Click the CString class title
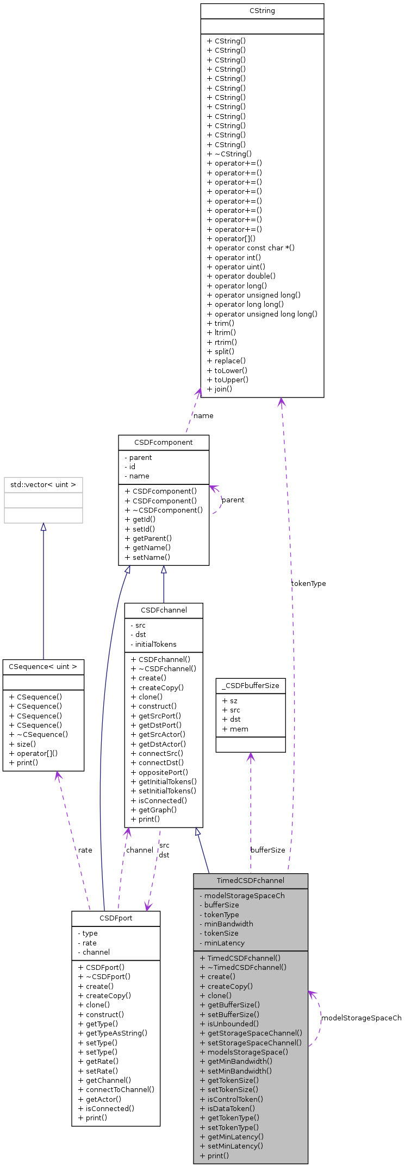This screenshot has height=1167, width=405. pyautogui.click(x=262, y=11)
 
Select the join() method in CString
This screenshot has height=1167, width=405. pyautogui.click(x=219, y=389)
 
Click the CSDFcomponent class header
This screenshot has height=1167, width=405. pyautogui.click(x=163, y=442)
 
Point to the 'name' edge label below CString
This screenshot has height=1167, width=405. pyautogui.click(x=203, y=416)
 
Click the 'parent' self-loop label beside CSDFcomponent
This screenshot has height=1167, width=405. pyautogui.click(x=233, y=500)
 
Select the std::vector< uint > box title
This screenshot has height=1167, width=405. pyautogui.click(x=43, y=484)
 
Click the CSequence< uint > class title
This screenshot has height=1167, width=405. pyautogui.click(x=43, y=666)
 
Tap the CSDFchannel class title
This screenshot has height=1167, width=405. pyautogui.click(x=164, y=610)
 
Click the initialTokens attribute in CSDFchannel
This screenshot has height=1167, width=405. pyautogui.click(x=155, y=644)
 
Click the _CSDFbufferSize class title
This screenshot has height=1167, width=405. pyautogui.click(x=250, y=685)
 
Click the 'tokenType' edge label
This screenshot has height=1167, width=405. pyautogui.click(x=308, y=584)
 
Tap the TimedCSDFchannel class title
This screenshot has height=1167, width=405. pyautogui.click(x=250, y=880)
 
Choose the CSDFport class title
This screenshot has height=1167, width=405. pyautogui.click(x=115, y=918)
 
